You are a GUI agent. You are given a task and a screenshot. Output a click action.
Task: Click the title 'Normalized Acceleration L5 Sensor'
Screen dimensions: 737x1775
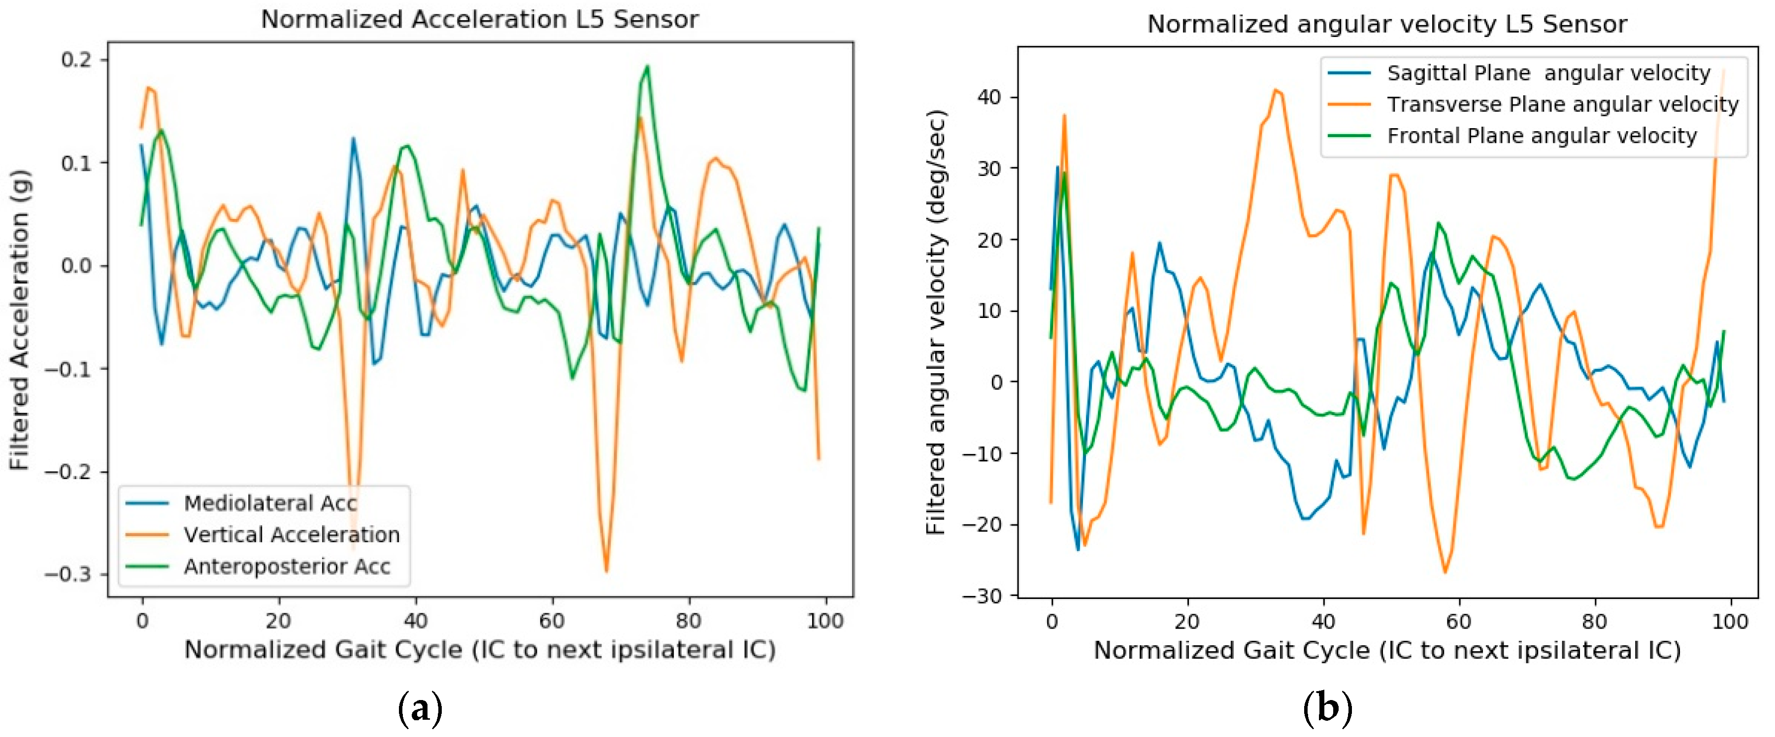[480, 19]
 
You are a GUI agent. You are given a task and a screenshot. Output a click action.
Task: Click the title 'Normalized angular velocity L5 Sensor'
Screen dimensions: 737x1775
[1386, 24]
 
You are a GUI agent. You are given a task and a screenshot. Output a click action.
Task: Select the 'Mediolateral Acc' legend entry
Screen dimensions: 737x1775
[270, 503]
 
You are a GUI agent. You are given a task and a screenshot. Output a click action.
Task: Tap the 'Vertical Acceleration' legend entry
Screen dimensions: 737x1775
[292, 535]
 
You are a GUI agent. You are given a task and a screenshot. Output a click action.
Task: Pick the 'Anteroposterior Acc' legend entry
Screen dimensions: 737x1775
[287, 567]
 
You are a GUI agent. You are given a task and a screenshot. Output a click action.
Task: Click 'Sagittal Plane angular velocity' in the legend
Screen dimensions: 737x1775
[1548, 73]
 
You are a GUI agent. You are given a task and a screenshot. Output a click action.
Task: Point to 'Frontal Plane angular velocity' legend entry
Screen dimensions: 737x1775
[1542, 136]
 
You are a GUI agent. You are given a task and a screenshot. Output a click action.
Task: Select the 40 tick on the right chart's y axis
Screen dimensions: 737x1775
[989, 97]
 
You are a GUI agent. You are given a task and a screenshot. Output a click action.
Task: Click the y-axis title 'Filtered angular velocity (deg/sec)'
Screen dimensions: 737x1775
[936, 322]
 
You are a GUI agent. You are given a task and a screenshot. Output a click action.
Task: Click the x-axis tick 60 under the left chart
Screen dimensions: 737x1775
[551, 621]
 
